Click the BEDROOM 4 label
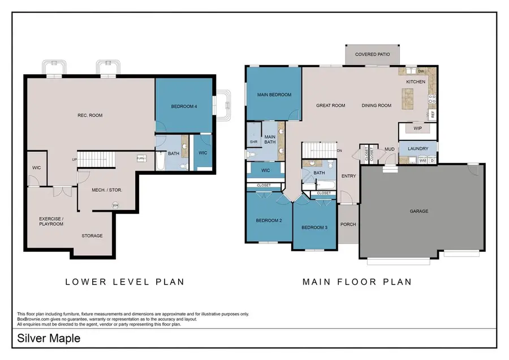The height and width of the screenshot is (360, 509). (x=184, y=106)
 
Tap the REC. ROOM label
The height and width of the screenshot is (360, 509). (x=90, y=115)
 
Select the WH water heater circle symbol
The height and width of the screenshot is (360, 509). (x=116, y=205)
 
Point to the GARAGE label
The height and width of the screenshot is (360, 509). (x=419, y=211)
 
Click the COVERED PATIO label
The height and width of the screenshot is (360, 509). (x=371, y=55)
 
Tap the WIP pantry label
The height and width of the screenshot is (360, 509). (x=417, y=128)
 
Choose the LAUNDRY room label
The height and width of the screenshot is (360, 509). (x=418, y=149)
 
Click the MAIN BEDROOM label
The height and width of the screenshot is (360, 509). (x=274, y=95)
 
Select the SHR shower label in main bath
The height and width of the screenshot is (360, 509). (x=252, y=142)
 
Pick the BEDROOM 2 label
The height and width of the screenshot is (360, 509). (x=269, y=220)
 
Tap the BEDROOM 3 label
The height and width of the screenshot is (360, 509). (x=314, y=228)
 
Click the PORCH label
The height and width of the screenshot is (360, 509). (x=348, y=224)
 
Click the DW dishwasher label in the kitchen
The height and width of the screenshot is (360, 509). (x=421, y=71)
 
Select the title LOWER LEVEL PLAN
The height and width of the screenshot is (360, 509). (x=124, y=281)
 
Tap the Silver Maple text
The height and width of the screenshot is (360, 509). (x=49, y=338)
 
